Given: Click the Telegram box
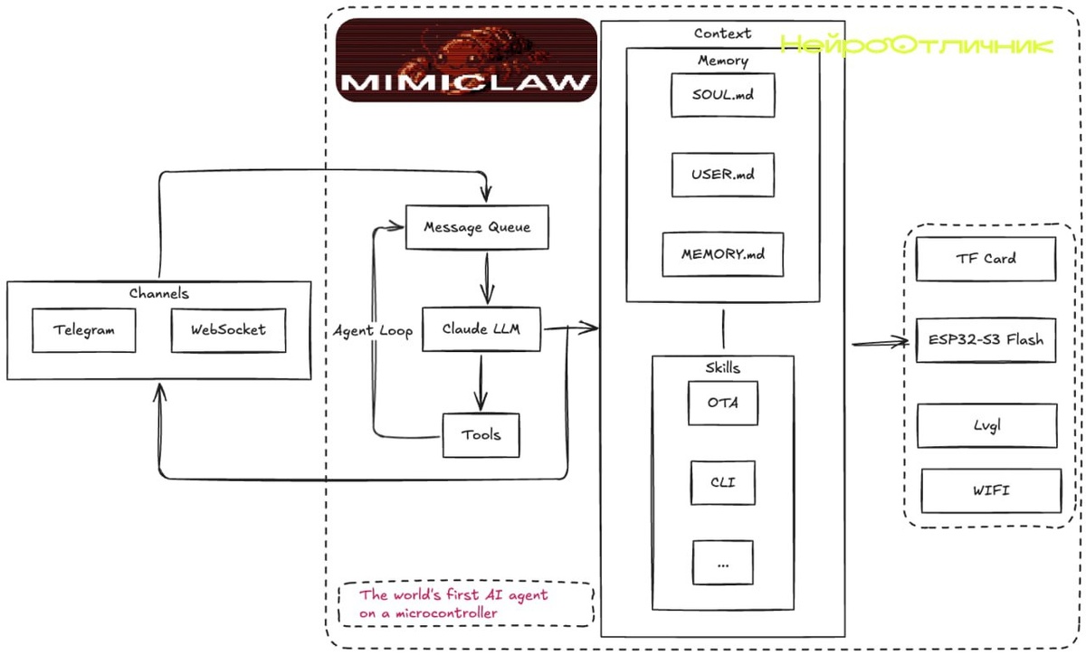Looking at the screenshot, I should pos(84,330).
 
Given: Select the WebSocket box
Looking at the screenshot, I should pos(228,330).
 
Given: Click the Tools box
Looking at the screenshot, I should pos(481,435).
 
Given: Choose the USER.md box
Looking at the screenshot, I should pos(722,175).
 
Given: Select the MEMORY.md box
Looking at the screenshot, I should pos(722,254).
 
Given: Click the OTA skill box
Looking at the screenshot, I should pos(722,403).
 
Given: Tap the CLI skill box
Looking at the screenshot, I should pos(722,482).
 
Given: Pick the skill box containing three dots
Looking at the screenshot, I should pos(722,562).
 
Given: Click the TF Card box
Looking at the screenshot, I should pos(986,259).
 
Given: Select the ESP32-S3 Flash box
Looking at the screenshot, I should pos(986,340).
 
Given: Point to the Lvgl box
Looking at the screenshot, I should pos(986,425).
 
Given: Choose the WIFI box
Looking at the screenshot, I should pos(991,491).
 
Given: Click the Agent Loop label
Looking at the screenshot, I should pos(373,331).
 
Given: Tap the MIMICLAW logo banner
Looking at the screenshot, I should pos(467,60).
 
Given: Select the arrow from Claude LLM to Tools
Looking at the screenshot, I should pos(481,383).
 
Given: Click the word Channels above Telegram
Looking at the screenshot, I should pos(158,293).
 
